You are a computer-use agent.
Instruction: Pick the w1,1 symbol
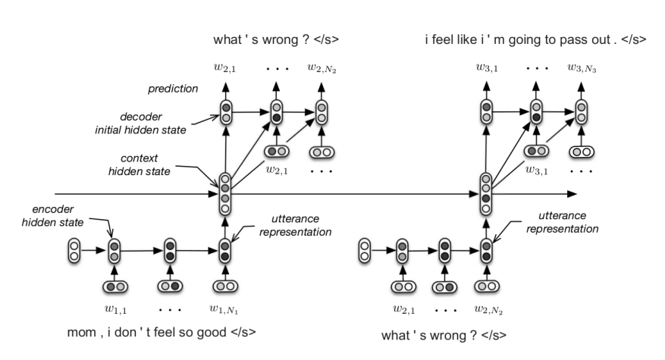(114, 309)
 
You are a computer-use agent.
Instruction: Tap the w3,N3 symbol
(582, 68)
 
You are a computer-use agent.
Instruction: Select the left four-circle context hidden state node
(224, 194)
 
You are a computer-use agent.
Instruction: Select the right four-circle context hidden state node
(486, 194)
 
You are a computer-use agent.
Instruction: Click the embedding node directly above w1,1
(115, 287)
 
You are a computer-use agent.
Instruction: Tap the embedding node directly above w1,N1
(224, 287)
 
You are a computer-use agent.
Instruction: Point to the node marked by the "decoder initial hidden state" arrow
(225, 113)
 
